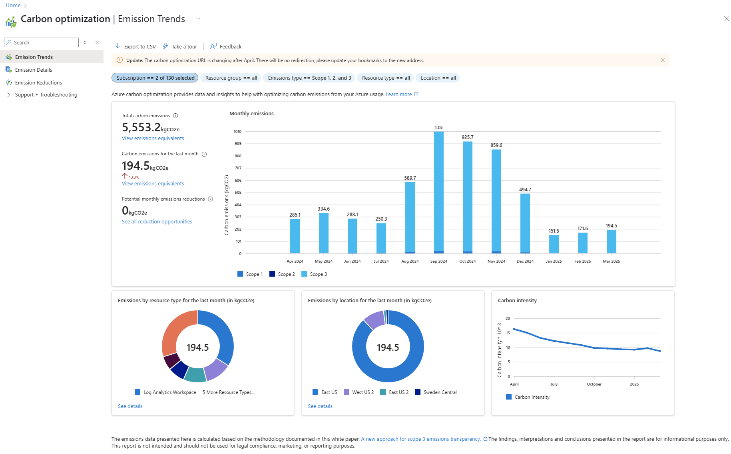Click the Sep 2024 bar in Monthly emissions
pos(438,192)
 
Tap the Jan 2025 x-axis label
pos(554,261)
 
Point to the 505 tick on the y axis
pos(238,193)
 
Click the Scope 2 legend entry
pos(282,274)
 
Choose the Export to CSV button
pos(135,46)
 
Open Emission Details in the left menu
pos(34,70)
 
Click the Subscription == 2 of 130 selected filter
pos(155,78)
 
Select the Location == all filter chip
pos(438,78)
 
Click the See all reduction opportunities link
pos(157,222)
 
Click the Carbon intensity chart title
pos(517,301)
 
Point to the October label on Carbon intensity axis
pos(594,384)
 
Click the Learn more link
pos(398,94)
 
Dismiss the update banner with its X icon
pos(663,60)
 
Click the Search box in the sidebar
pos(42,42)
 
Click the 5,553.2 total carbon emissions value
pos(141,127)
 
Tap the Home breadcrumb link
pos(13,5)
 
